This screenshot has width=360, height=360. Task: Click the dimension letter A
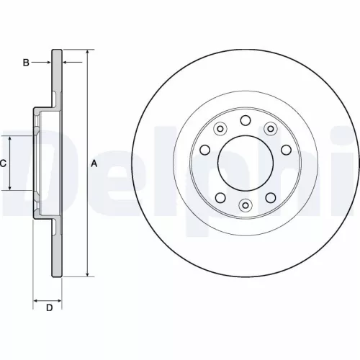point(94,163)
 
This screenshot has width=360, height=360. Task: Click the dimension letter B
point(26,63)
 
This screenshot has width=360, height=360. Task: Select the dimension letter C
point(3,163)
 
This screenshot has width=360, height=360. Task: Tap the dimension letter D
point(49,309)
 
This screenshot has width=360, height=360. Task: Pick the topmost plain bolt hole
point(245,120)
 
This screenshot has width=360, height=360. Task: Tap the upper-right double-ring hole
point(271,129)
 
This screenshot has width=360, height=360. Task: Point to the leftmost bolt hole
point(204,150)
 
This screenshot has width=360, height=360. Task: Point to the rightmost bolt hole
point(286,150)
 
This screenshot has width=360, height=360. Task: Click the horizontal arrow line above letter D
point(49,297)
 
